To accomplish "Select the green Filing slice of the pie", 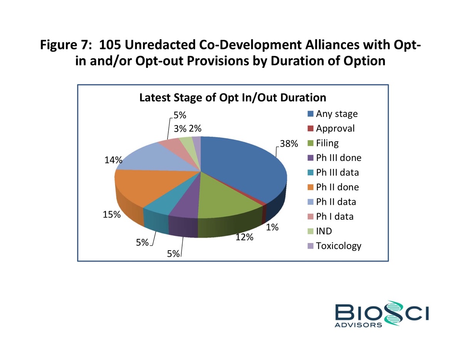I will pyautogui.click(x=227, y=193).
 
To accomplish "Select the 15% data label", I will pyautogui.click(x=112, y=215).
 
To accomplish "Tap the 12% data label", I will pyautogui.click(x=245, y=238).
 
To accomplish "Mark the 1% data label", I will pyautogui.click(x=273, y=227).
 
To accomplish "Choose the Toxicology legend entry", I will pyautogui.click(x=339, y=246).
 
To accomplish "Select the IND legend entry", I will pyautogui.click(x=324, y=231).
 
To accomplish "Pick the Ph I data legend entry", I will pyautogui.click(x=334, y=216).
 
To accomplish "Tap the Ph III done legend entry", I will pyautogui.click(x=339, y=158).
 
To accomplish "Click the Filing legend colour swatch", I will pyautogui.click(x=310, y=144).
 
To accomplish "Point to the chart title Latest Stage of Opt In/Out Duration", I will pyautogui.click(x=233, y=97).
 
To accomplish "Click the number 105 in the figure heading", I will pyautogui.click(x=109, y=45).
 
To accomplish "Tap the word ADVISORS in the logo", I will pyautogui.click(x=359, y=325).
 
